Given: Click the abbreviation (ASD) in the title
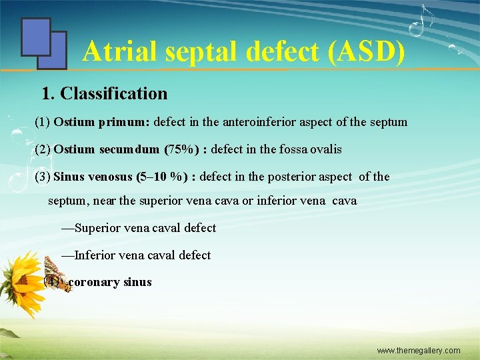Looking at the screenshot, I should point(366,51).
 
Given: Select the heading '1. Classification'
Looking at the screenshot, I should point(105,93).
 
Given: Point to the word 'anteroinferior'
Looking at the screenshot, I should point(245,123).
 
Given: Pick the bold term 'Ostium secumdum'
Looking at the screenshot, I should point(107,149).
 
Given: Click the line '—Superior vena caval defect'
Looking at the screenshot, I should point(139,228).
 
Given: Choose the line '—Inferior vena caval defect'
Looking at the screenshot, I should point(136,255).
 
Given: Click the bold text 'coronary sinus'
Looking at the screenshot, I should point(110,282).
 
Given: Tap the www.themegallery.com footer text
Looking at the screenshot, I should point(419,351).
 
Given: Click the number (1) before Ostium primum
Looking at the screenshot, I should point(42,123).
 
